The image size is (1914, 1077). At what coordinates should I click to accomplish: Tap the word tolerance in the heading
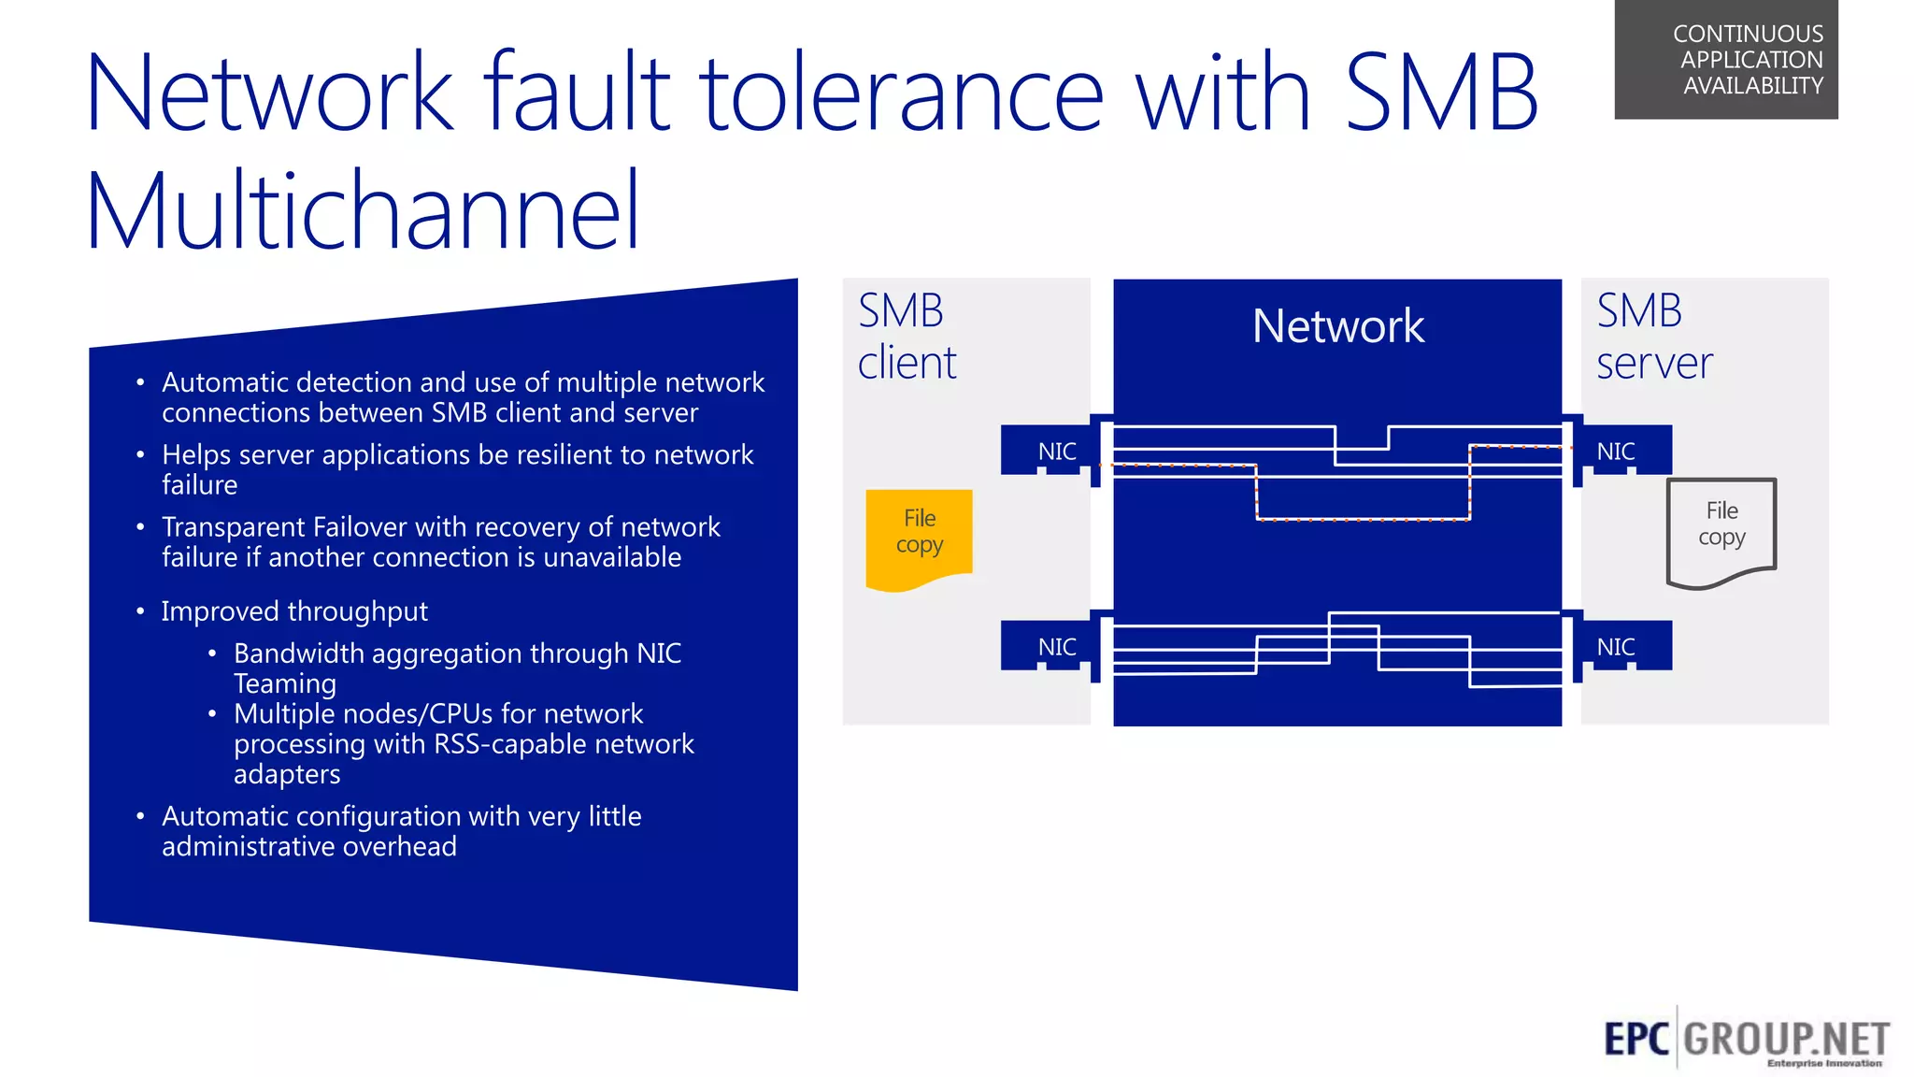click(902, 93)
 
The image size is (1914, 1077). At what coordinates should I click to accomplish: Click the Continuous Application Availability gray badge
click(1725, 60)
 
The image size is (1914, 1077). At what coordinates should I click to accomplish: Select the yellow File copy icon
click(919, 537)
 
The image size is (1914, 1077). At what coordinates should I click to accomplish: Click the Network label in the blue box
click(1337, 326)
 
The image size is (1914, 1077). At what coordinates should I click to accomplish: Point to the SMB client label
click(905, 337)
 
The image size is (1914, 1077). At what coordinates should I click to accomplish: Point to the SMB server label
click(1652, 337)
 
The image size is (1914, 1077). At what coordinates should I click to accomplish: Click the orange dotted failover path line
click(1363, 519)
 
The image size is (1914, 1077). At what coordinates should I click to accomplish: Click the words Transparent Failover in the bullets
click(285, 527)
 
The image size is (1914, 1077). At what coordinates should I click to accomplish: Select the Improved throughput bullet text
click(294, 611)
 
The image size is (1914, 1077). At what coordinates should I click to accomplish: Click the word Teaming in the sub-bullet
click(285, 684)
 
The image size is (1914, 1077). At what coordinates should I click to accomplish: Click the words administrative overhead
click(309, 847)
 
